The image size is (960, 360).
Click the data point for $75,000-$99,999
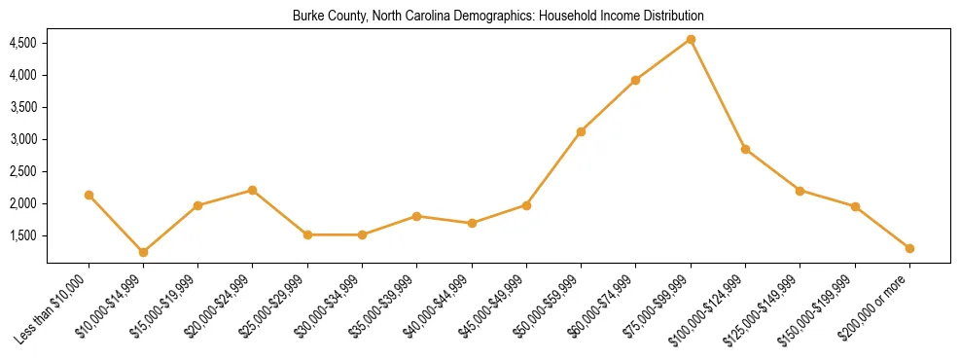coord(691,40)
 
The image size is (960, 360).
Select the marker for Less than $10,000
coord(89,195)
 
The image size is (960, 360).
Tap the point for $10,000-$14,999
coord(143,252)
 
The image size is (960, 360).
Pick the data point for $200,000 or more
coord(909,248)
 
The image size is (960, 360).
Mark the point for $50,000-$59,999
coord(581,131)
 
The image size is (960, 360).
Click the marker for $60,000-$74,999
coord(635,80)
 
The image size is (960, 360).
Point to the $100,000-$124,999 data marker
coord(745,149)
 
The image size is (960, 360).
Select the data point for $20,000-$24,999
coord(253,190)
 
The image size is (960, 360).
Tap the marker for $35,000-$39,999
coord(416,216)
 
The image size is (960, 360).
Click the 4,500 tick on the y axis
coord(22,44)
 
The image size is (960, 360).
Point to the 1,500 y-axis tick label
coord(22,235)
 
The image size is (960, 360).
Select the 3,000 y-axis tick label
coord(22,139)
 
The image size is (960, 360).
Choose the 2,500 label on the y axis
coord(22,171)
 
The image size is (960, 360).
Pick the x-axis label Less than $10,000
coord(54,306)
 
